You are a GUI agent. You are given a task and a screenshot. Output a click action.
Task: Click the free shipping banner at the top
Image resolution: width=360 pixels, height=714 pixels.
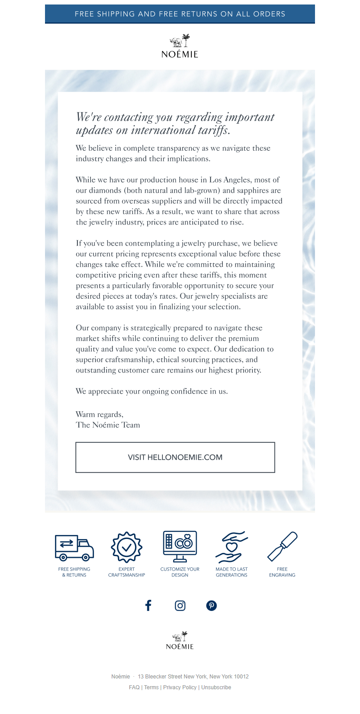click(180, 14)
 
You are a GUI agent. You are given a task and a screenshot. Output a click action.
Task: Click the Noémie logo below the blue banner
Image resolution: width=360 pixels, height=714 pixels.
click(180, 46)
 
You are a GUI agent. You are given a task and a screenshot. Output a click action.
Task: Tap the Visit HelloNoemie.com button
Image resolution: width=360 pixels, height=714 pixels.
click(175, 457)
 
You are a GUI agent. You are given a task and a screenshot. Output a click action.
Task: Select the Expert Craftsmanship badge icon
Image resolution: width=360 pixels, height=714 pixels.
click(126, 547)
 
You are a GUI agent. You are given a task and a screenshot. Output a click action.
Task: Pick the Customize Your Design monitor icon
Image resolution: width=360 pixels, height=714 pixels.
click(180, 546)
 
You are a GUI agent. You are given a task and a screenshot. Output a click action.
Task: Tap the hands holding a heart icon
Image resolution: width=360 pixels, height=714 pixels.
click(231, 547)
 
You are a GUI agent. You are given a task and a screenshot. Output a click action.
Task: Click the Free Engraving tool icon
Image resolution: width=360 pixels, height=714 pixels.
click(282, 546)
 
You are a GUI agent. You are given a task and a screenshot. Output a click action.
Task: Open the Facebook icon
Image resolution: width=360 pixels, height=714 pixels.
click(148, 606)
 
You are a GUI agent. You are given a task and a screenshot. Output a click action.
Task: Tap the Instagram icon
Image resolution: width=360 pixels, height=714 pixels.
click(180, 606)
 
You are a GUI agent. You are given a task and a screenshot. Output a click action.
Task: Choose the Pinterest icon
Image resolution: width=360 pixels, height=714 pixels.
click(211, 606)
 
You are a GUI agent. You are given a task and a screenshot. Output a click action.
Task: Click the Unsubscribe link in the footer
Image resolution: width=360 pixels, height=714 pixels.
click(216, 687)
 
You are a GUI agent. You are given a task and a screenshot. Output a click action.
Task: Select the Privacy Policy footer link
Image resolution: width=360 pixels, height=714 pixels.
click(180, 687)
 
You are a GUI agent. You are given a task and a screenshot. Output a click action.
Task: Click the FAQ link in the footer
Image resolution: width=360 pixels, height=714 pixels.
click(134, 687)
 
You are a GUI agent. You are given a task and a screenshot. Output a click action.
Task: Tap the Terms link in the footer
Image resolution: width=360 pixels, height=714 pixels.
click(151, 687)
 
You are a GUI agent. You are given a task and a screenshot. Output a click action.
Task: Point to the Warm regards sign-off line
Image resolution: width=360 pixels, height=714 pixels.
click(99, 414)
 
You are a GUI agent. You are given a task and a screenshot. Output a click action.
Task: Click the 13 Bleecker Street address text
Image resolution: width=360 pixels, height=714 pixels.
click(193, 677)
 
